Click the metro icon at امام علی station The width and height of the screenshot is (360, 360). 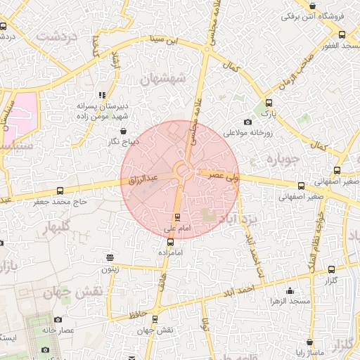pyautogui.click(x=176, y=216)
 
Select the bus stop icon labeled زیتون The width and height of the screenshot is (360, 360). pyautogui.click(x=109, y=257)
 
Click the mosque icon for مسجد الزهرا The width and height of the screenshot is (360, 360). pyautogui.click(x=290, y=291)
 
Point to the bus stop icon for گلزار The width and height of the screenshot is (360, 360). pyautogui.click(x=331, y=269)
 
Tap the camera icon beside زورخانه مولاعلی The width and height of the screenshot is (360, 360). pyautogui.click(x=247, y=122)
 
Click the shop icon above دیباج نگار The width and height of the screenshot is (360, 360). pyautogui.click(x=124, y=131)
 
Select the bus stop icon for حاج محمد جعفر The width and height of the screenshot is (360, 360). pyautogui.click(x=59, y=191)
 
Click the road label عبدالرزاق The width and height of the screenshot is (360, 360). pyautogui.click(x=145, y=180)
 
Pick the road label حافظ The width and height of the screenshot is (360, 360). pyautogui.click(x=138, y=312)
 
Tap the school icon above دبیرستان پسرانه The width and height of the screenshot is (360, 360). pyautogui.click(x=102, y=94)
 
